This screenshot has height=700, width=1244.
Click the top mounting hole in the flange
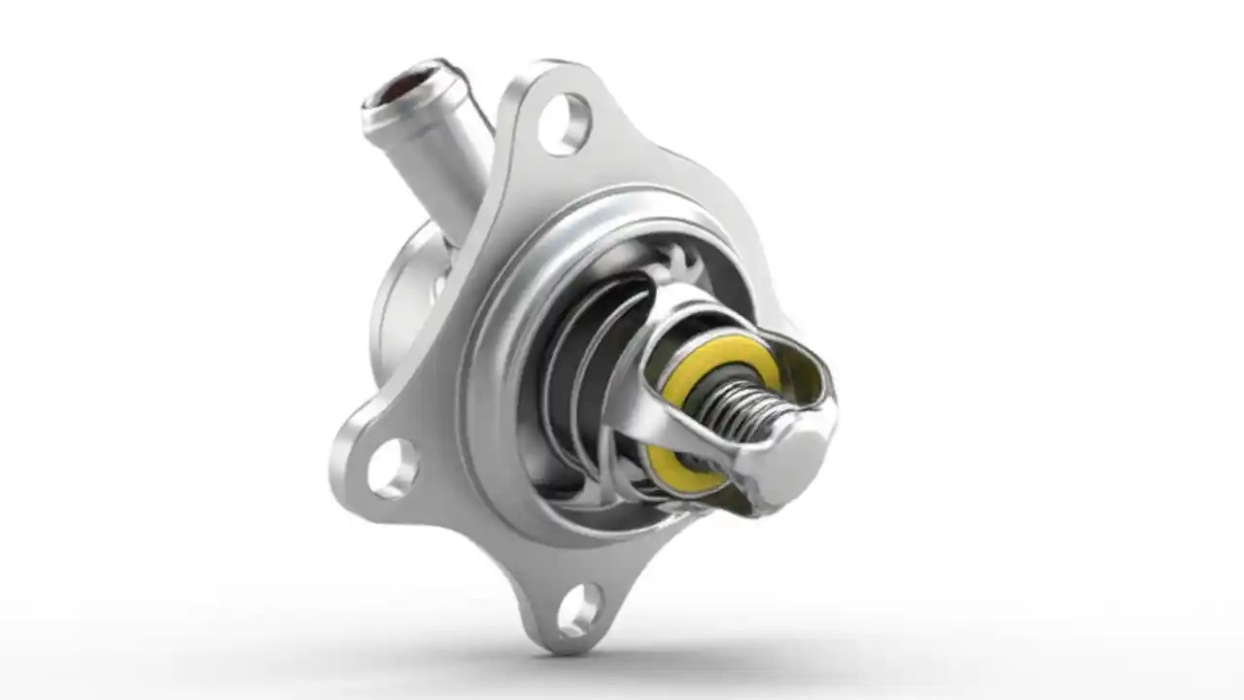coord(564,123)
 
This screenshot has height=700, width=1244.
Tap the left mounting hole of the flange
coord(393,468)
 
